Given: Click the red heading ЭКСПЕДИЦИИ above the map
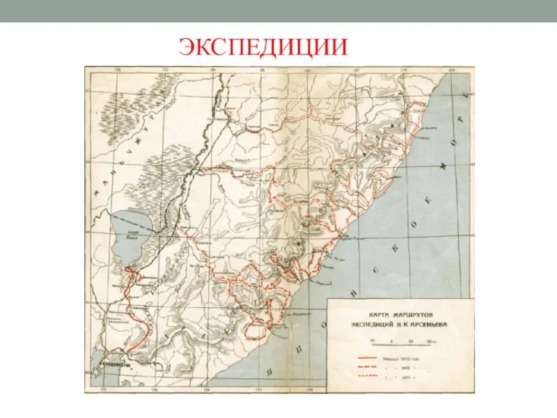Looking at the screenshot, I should click(x=263, y=46).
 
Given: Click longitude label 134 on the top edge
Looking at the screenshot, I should click(x=214, y=70).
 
